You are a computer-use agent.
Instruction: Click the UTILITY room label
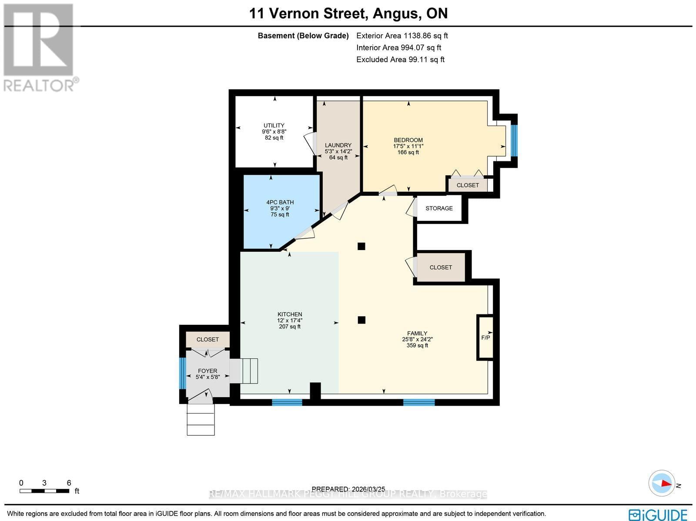[x=274, y=126]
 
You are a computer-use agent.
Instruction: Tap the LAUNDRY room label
[x=338, y=146]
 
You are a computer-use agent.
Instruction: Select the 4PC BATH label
[x=280, y=202]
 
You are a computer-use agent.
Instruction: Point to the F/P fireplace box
[x=485, y=337]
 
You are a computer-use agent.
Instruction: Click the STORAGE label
[x=439, y=208]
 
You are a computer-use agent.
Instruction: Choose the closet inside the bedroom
[x=468, y=185]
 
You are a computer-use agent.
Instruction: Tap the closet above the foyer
[x=207, y=340]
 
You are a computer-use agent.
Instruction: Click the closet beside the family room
[x=441, y=267]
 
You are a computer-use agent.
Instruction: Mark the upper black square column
[x=361, y=246]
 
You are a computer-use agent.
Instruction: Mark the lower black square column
[x=361, y=320]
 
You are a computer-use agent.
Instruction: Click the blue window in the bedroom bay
[x=514, y=140]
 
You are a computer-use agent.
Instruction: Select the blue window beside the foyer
[x=182, y=373]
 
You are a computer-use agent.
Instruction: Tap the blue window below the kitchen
[x=287, y=402]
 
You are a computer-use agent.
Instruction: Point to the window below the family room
[x=419, y=402]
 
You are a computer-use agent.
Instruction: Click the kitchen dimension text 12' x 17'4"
[x=290, y=321]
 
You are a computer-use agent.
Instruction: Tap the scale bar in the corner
[x=44, y=491]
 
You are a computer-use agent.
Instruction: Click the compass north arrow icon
[x=662, y=483]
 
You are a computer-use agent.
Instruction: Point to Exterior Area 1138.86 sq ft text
[x=402, y=36]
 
